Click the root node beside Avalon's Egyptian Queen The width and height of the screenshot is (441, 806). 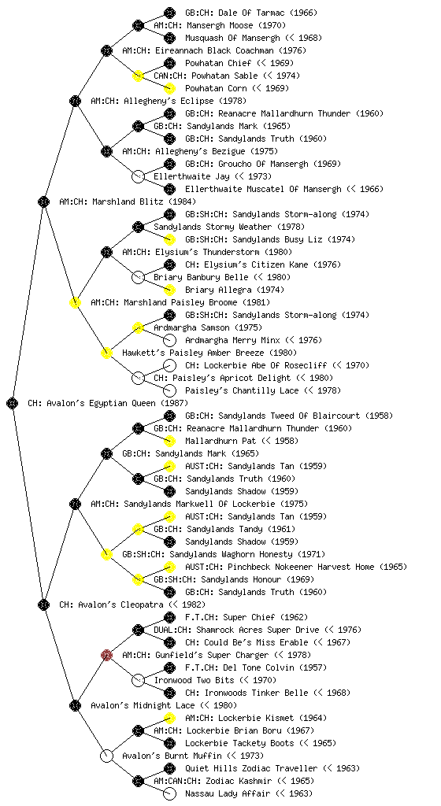click(x=13, y=404)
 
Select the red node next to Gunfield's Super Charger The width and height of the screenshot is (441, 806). click(x=106, y=656)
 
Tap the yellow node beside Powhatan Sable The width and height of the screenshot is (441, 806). click(x=138, y=76)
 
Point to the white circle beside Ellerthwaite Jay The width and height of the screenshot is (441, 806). click(x=138, y=176)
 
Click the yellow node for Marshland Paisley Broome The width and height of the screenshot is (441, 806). click(x=75, y=302)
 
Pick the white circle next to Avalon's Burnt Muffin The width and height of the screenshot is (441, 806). click(x=106, y=756)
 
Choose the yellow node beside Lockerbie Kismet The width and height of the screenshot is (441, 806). click(x=169, y=718)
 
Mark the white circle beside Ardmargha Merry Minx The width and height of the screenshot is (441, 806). click(x=169, y=340)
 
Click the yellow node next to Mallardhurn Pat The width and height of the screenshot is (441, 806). click(x=169, y=441)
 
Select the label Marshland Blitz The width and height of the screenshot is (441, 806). click(x=128, y=201)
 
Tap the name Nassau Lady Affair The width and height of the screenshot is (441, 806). click(x=227, y=793)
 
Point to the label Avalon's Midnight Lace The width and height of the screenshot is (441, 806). click(x=143, y=705)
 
